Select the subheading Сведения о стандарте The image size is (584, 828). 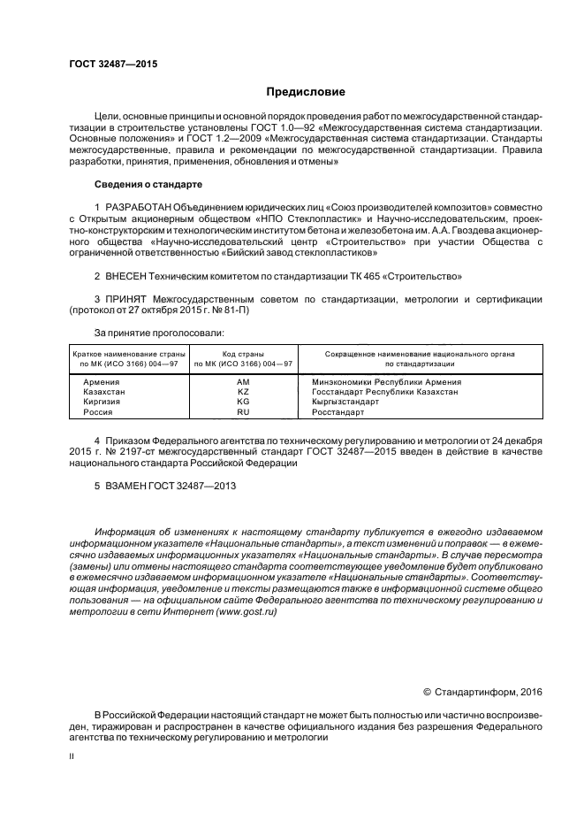148,184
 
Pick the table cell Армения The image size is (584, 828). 101,381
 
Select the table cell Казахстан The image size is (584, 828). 104,391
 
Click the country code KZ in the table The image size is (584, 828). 244,391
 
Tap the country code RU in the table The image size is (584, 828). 244,412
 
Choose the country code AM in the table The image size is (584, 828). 244,381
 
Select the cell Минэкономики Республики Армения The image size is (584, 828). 387,381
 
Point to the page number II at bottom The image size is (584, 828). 72,757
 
